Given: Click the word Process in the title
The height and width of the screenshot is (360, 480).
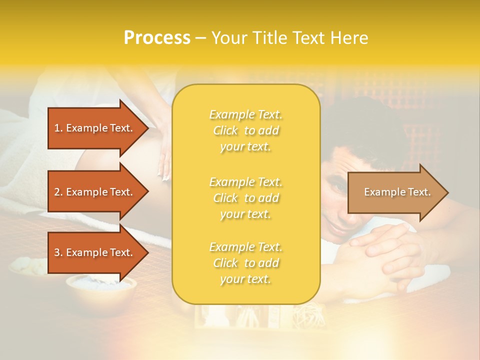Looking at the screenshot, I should coord(157,38).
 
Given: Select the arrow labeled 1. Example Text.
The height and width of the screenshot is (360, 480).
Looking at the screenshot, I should coord(95,128).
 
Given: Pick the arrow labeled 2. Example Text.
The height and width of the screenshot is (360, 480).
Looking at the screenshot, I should coord(95,192).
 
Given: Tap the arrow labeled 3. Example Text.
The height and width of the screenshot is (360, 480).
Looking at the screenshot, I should coord(95,252).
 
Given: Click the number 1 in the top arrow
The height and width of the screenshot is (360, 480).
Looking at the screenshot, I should coord(57,128).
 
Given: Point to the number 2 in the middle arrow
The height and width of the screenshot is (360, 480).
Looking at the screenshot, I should coord(57,192).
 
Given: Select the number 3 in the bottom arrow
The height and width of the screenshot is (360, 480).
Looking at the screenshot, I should coord(57,252).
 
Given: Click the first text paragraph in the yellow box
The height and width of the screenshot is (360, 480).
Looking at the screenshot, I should coord(245,130).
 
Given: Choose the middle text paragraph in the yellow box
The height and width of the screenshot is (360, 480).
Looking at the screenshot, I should coord(245,198).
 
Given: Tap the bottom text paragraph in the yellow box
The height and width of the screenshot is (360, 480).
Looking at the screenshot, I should coord(245,263).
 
